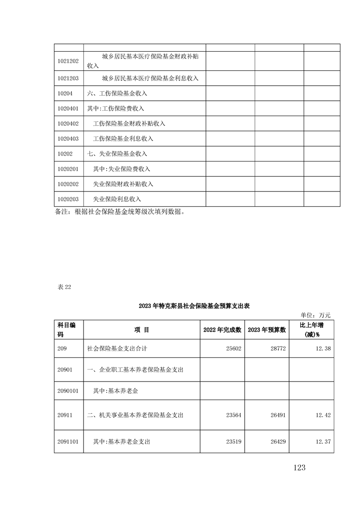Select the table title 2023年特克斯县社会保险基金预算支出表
(x=194, y=306)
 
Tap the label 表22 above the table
(x=64, y=287)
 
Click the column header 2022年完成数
(x=222, y=330)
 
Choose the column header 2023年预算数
(x=267, y=330)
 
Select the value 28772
(x=277, y=348)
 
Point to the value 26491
(x=277, y=415)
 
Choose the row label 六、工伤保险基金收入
(x=117, y=93)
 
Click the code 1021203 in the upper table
(x=69, y=78)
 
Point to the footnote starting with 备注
(x=120, y=212)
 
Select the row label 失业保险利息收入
(x=117, y=199)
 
